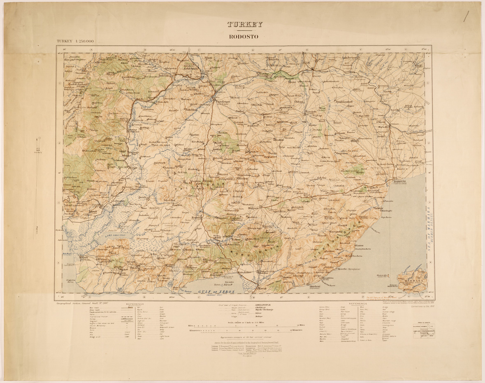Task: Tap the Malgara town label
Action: tap(255, 208)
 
